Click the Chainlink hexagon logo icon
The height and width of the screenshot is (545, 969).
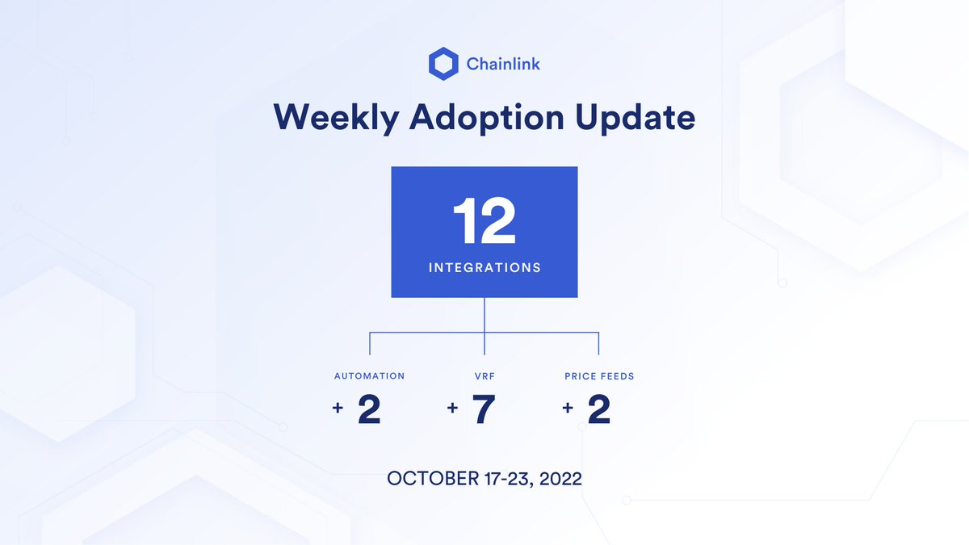pos(443,64)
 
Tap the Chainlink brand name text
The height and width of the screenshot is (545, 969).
pos(503,64)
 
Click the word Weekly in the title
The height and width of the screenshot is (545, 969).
pos(335,118)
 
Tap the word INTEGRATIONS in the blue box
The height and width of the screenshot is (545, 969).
pos(484,267)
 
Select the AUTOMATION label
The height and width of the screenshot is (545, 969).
pos(369,376)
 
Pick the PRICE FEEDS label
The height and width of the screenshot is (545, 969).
pos(599,376)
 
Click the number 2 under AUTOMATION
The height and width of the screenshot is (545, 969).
pos(369,409)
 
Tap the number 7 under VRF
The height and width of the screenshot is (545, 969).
pos(484,409)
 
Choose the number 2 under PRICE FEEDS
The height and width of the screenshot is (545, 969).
pos(599,409)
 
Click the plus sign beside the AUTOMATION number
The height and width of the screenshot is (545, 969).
pos(338,409)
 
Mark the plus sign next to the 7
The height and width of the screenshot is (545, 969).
pos(452,409)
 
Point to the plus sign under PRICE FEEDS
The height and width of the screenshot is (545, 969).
pos(568,409)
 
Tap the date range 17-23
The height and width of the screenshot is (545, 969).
pos(501,478)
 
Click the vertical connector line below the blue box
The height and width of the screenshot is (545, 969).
pos(484,315)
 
